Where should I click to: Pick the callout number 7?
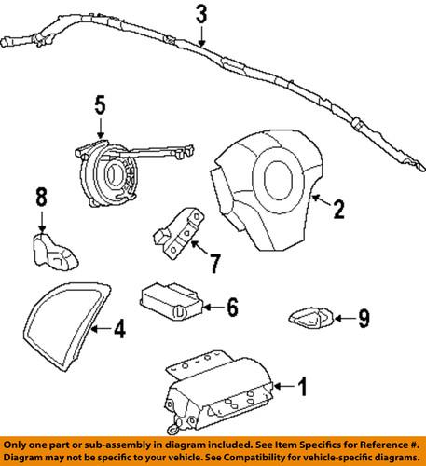214,264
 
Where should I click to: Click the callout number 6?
232,306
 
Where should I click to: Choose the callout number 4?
118,328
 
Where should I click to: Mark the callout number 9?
364,320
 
